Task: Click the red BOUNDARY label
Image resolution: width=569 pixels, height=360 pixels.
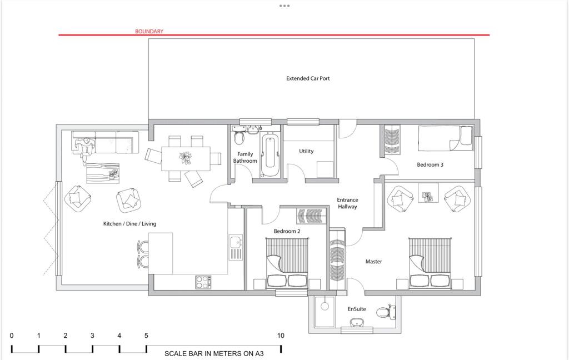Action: point(149,32)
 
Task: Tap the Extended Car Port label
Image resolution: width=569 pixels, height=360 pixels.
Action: point(308,78)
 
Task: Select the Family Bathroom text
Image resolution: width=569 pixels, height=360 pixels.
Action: point(245,158)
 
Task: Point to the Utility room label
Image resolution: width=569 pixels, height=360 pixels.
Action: point(306,151)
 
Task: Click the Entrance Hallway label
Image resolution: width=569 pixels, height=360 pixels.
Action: point(347,203)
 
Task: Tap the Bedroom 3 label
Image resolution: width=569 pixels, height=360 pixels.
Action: point(430,164)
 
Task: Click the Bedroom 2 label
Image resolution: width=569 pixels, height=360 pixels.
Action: point(287,231)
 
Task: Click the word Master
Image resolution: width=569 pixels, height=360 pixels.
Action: point(373,261)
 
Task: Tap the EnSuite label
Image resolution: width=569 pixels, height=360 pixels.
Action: point(357,309)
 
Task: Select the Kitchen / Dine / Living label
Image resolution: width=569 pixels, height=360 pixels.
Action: point(129,224)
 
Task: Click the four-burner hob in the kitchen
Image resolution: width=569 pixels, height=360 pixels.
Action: point(203,282)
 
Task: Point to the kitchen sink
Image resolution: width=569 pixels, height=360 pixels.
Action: point(236,243)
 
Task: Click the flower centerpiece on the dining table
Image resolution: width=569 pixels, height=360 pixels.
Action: point(185,158)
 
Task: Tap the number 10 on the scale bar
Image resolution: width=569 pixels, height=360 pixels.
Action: point(281,336)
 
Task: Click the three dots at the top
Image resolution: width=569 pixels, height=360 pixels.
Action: point(284,6)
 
